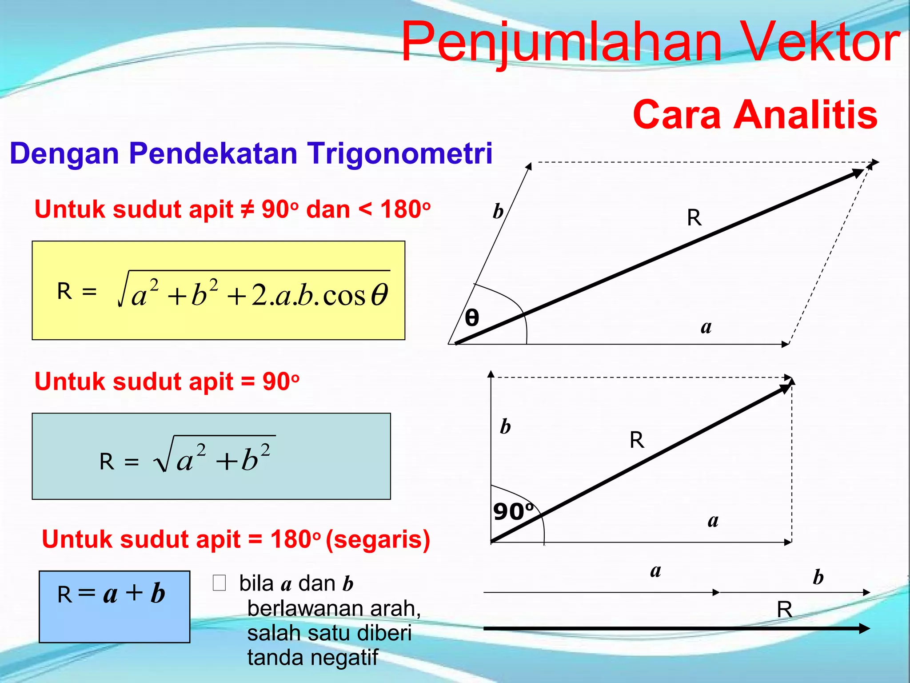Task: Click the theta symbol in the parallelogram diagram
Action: coord(472,318)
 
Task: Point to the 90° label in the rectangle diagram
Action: coord(513,511)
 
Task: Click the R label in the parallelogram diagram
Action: coord(694,218)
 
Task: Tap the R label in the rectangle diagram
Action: coord(637,440)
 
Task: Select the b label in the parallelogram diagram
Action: coord(498,211)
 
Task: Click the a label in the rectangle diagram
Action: coord(713,520)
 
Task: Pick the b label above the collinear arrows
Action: coord(818,577)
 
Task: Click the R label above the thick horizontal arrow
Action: coord(784,609)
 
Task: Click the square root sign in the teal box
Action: coord(163,458)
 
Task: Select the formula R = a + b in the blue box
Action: coord(112,594)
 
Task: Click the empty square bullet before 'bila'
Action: coord(220,583)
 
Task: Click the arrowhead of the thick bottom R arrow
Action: coord(864,628)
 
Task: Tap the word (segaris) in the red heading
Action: coord(378,540)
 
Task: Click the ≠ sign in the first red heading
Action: coord(247,209)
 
